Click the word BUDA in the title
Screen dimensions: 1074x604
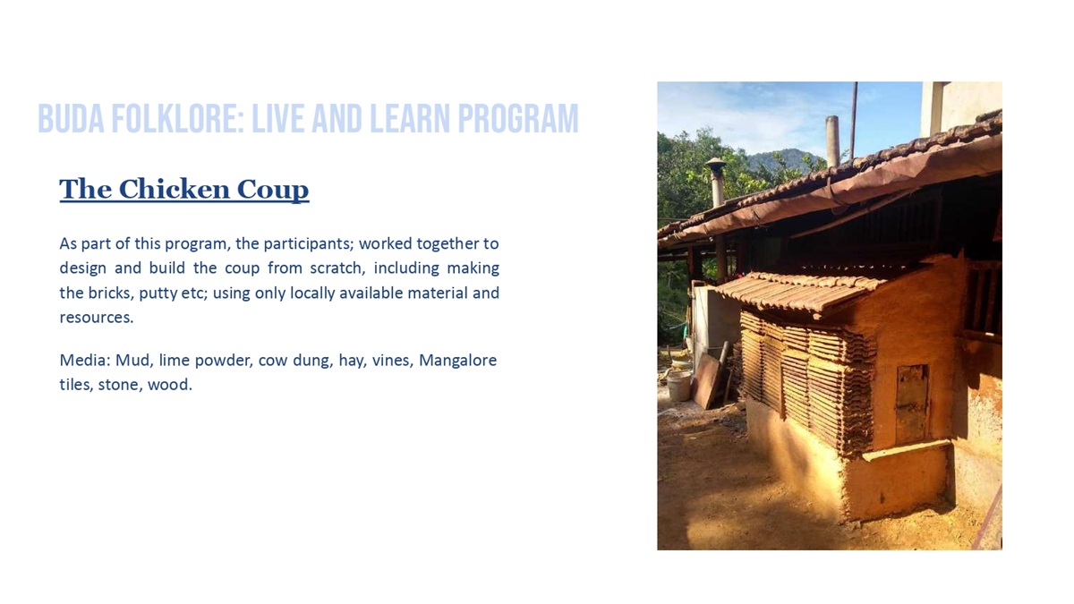click(71, 118)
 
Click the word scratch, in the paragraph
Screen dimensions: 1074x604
click(337, 268)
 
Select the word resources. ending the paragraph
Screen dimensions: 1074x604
click(96, 318)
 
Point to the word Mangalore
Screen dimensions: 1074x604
click(458, 361)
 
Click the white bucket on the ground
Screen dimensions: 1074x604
click(679, 386)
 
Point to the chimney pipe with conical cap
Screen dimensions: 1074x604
click(716, 183)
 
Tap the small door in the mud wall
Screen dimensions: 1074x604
click(912, 404)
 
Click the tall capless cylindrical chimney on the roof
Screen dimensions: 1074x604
click(832, 142)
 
